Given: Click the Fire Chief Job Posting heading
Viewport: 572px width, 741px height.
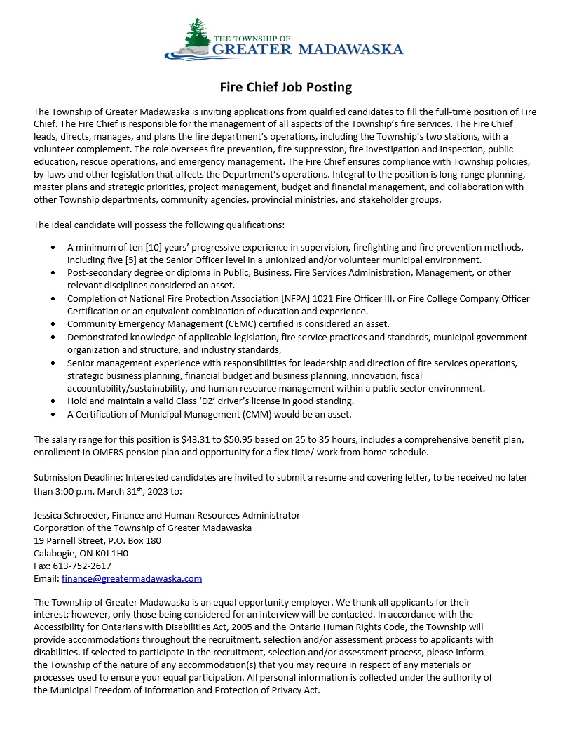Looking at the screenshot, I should click(285, 88).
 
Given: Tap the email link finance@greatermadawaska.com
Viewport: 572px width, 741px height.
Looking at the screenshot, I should click(132, 579).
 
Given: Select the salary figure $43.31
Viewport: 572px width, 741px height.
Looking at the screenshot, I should click(195, 440).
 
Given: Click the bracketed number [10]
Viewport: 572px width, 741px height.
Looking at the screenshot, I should click(154, 248).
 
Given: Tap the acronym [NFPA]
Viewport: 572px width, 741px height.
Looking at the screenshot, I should click(298, 298).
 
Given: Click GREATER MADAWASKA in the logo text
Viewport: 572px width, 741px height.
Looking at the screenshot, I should click(307, 49).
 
